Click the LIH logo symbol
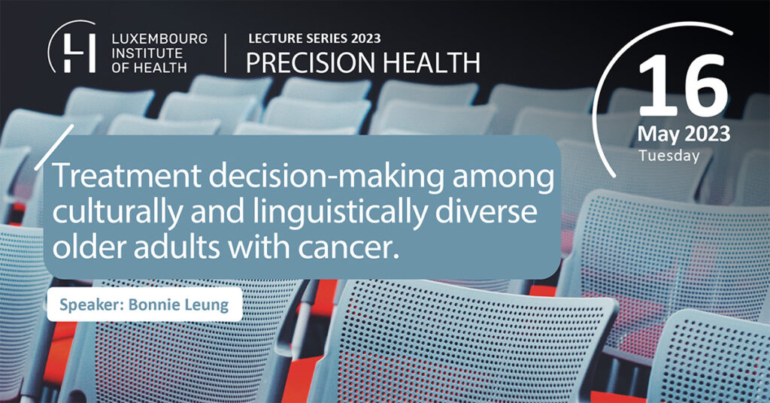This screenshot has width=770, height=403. point(72,47)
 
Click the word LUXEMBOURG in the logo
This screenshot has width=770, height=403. point(159,39)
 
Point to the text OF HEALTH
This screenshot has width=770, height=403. point(150,67)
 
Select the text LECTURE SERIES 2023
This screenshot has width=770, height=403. point(314,38)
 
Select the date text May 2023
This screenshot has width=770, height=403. point(684,135)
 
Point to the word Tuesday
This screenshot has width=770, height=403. point(668,156)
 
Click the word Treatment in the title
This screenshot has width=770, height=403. point(126,176)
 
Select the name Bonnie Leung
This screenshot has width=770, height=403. point(179,305)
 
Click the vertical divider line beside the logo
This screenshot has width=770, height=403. point(226,53)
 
